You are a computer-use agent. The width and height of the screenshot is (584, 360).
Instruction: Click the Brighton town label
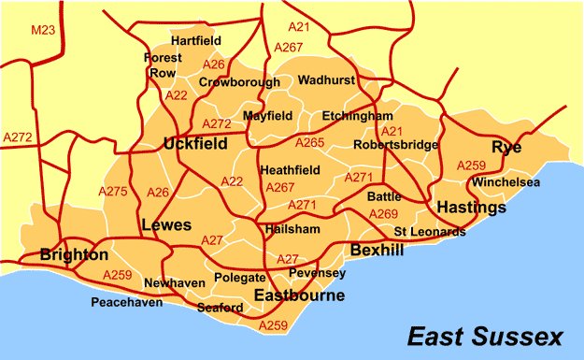74,254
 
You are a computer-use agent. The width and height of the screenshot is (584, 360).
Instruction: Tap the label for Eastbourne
299,295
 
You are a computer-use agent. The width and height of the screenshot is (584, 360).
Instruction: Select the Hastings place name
471,206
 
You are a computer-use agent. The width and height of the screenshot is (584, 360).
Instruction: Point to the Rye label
506,148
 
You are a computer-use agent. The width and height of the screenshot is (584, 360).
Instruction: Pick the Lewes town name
165,225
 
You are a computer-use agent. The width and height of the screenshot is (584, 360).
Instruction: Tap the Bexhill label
377,250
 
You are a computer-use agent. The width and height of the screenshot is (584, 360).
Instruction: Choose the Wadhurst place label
327,80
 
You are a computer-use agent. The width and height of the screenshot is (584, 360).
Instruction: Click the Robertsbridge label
395,145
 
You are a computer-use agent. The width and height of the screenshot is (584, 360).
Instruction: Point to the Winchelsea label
506,181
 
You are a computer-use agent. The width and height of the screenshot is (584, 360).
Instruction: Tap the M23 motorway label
42,31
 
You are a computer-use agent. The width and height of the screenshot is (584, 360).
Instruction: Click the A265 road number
309,142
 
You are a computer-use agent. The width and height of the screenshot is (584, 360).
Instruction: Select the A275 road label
112,192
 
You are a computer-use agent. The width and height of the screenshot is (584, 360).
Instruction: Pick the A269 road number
383,214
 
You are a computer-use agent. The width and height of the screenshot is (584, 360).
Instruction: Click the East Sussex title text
485,336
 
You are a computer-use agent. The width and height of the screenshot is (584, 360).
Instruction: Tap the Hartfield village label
195,41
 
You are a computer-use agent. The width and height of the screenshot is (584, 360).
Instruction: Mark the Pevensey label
318,273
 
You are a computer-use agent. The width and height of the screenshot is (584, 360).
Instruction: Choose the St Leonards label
429,231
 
